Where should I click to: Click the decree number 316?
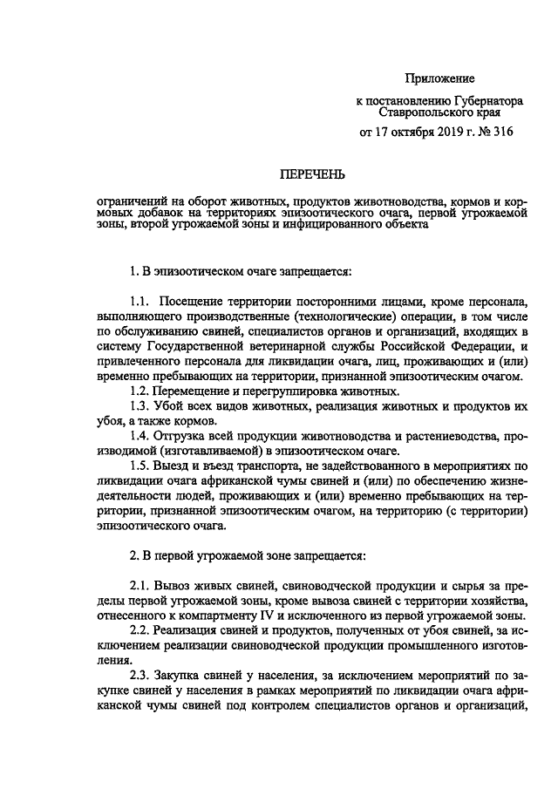[x=503, y=133]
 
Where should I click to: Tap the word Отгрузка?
[x=188, y=435]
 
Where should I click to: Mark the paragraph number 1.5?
[x=141, y=466]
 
